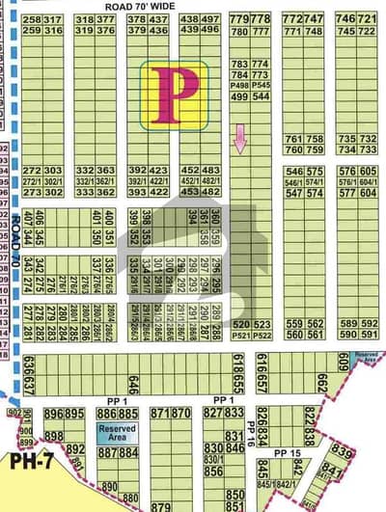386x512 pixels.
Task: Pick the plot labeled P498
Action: tap(239, 85)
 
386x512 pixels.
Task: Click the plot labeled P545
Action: tap(261, 85)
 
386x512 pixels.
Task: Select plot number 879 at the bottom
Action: tap(161, 505)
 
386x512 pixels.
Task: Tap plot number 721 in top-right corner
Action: tap(368, 19)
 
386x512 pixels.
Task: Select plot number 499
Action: tap(239, 96)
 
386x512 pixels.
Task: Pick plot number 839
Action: tap(342, 450)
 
